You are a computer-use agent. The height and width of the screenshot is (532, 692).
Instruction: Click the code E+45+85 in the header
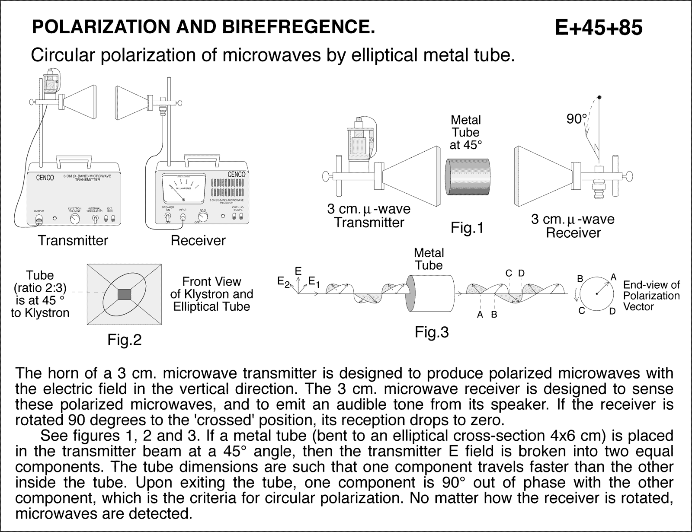[598, 28]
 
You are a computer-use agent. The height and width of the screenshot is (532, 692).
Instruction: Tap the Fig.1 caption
[467, 228]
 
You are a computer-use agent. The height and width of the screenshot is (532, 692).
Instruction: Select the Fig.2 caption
[124, 340]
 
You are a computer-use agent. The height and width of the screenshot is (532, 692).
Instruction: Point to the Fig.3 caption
[432, 332]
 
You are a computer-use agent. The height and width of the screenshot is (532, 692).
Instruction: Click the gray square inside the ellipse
[124, 294]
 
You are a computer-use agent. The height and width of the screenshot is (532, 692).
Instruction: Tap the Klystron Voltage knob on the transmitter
[75, 219]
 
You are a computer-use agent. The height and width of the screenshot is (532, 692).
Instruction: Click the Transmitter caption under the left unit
[73, 240]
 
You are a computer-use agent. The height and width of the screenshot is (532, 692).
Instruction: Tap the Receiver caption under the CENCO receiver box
[198, 240]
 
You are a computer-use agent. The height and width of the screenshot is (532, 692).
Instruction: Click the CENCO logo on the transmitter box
[45, 178]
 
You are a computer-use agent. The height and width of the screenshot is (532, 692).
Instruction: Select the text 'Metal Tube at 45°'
[465, 132]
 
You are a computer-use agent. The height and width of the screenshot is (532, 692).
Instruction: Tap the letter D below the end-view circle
[612, 311]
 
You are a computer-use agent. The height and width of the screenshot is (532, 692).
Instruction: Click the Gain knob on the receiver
[202, 217]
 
